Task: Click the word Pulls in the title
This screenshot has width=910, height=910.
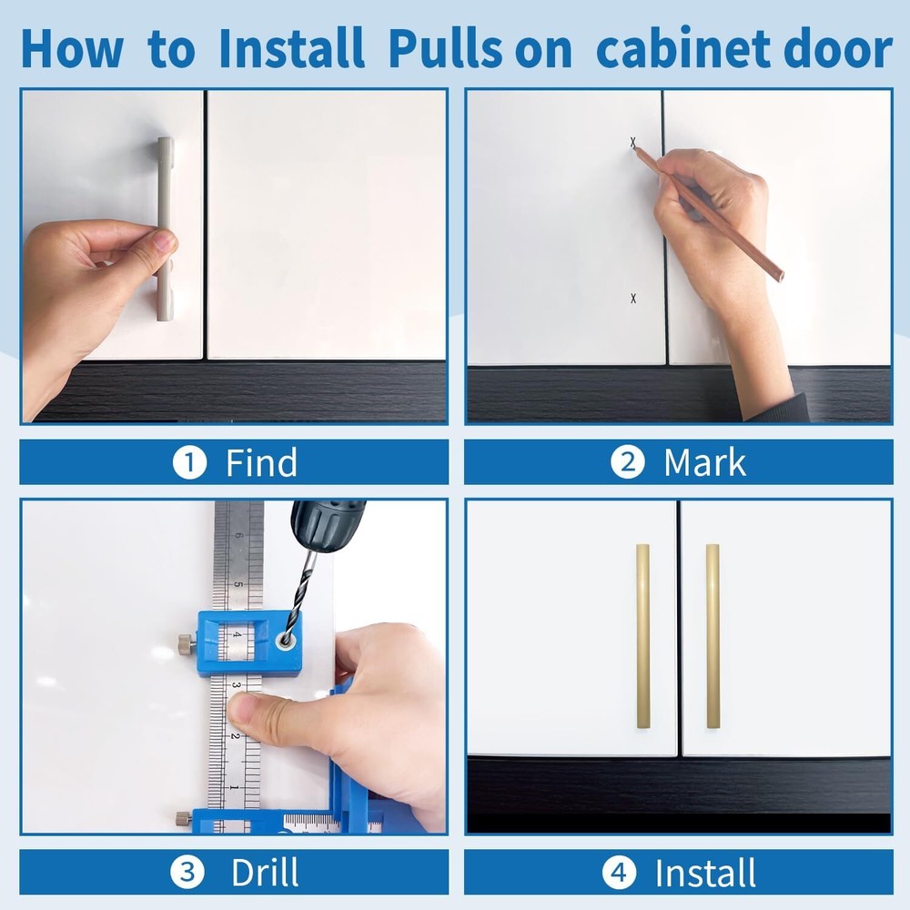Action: pos(443,50)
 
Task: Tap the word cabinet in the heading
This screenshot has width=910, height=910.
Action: pos(696,50)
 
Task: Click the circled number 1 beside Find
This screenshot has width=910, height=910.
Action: pos(188,463)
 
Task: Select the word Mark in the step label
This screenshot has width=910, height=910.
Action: pos(704,463)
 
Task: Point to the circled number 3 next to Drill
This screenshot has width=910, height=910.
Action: pos(188,874)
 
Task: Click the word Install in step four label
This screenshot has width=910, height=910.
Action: pos(705,874)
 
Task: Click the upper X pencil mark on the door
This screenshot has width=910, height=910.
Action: pos(633,143)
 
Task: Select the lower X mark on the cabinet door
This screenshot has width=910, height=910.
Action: pos(633,298)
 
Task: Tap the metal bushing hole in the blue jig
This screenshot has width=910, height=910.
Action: pos(287,641)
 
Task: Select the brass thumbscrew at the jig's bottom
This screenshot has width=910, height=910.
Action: pos(183,818)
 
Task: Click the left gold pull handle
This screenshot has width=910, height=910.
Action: pos(642,636)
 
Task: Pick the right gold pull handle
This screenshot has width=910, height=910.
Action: pos(713,636)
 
